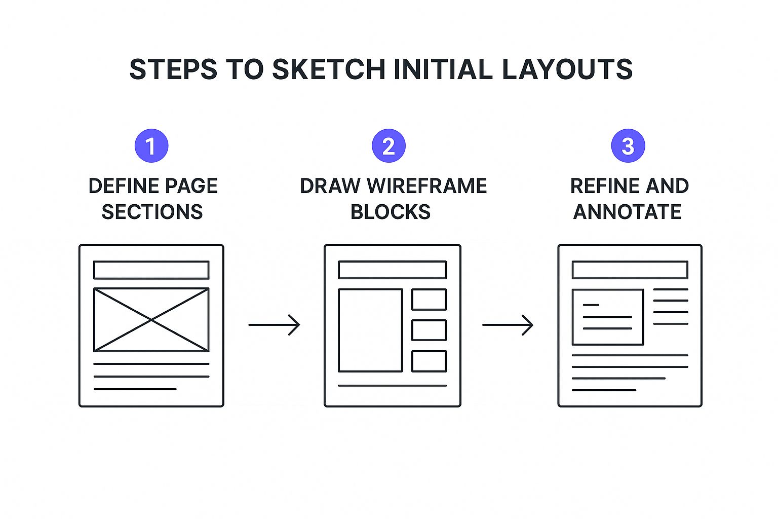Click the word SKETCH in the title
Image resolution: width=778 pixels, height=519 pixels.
click(x=329, y=69)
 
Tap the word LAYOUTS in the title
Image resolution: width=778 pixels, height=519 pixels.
click(x=567, y=69)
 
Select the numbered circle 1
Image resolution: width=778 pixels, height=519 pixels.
click(x=151, y=145)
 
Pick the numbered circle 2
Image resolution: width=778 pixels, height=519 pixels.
click(x=388, y=145)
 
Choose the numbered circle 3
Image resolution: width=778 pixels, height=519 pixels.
click(x=628, y=145)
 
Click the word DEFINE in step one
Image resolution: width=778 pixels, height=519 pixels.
click(x=124, y=186)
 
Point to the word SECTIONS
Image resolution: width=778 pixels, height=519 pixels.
click(x=152, y=212)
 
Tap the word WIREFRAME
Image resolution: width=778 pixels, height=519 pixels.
click(x=427, y=186)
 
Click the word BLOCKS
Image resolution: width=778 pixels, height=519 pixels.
click(x=391, y=212)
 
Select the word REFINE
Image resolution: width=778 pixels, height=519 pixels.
click(x=605, y=186)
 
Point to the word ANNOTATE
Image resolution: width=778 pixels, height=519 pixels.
click(x=627, y=212)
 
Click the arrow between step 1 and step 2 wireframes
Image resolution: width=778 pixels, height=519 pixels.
click(x=274, y=325)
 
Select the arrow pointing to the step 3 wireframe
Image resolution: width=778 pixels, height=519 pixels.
click(x=508, y=325)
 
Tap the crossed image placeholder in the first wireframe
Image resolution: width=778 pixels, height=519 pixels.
click(x=151, y=320)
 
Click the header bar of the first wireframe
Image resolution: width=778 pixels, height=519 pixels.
click(x=151, y=270)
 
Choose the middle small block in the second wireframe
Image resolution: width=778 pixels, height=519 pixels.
click(x=430, y=330)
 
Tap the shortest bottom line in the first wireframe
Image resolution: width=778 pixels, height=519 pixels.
click(x=135, y=389)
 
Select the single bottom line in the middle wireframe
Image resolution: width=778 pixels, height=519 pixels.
click(x=392, y=386)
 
